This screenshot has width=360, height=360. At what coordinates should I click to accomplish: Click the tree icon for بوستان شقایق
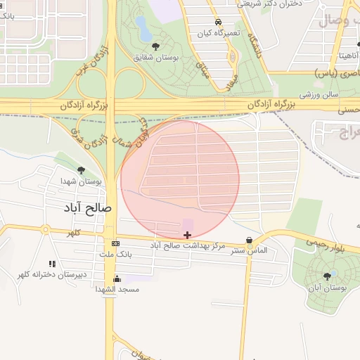coord(155,46)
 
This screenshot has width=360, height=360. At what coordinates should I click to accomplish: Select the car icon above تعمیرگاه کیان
coord(218,22)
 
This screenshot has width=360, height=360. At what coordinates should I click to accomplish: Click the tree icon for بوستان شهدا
coord(82,170)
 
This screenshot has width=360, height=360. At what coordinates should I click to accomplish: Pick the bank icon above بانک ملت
coord(116,243)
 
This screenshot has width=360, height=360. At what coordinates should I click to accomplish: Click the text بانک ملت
coord(116,253)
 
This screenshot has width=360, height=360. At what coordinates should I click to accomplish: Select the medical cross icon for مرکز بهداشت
coord(187,235)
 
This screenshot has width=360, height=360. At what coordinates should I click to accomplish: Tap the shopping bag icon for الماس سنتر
coord(250,240)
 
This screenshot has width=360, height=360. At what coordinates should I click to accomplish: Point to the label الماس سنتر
coord(250,250)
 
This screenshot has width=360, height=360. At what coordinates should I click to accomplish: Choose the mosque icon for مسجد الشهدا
coord(117,278)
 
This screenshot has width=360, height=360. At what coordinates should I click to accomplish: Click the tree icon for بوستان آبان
coord(326,276)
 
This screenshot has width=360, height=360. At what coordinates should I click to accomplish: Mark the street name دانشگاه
coord(253,46)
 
